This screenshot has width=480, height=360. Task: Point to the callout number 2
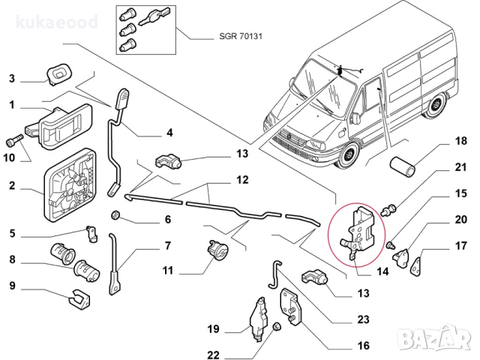tap(12, 185)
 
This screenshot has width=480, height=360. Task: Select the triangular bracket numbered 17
tap(413, 261)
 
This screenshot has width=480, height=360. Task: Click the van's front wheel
tap(346, 158)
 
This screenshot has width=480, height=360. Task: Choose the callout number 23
tap(363, 319)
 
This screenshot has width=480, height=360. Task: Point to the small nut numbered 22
tap(277, 327)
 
